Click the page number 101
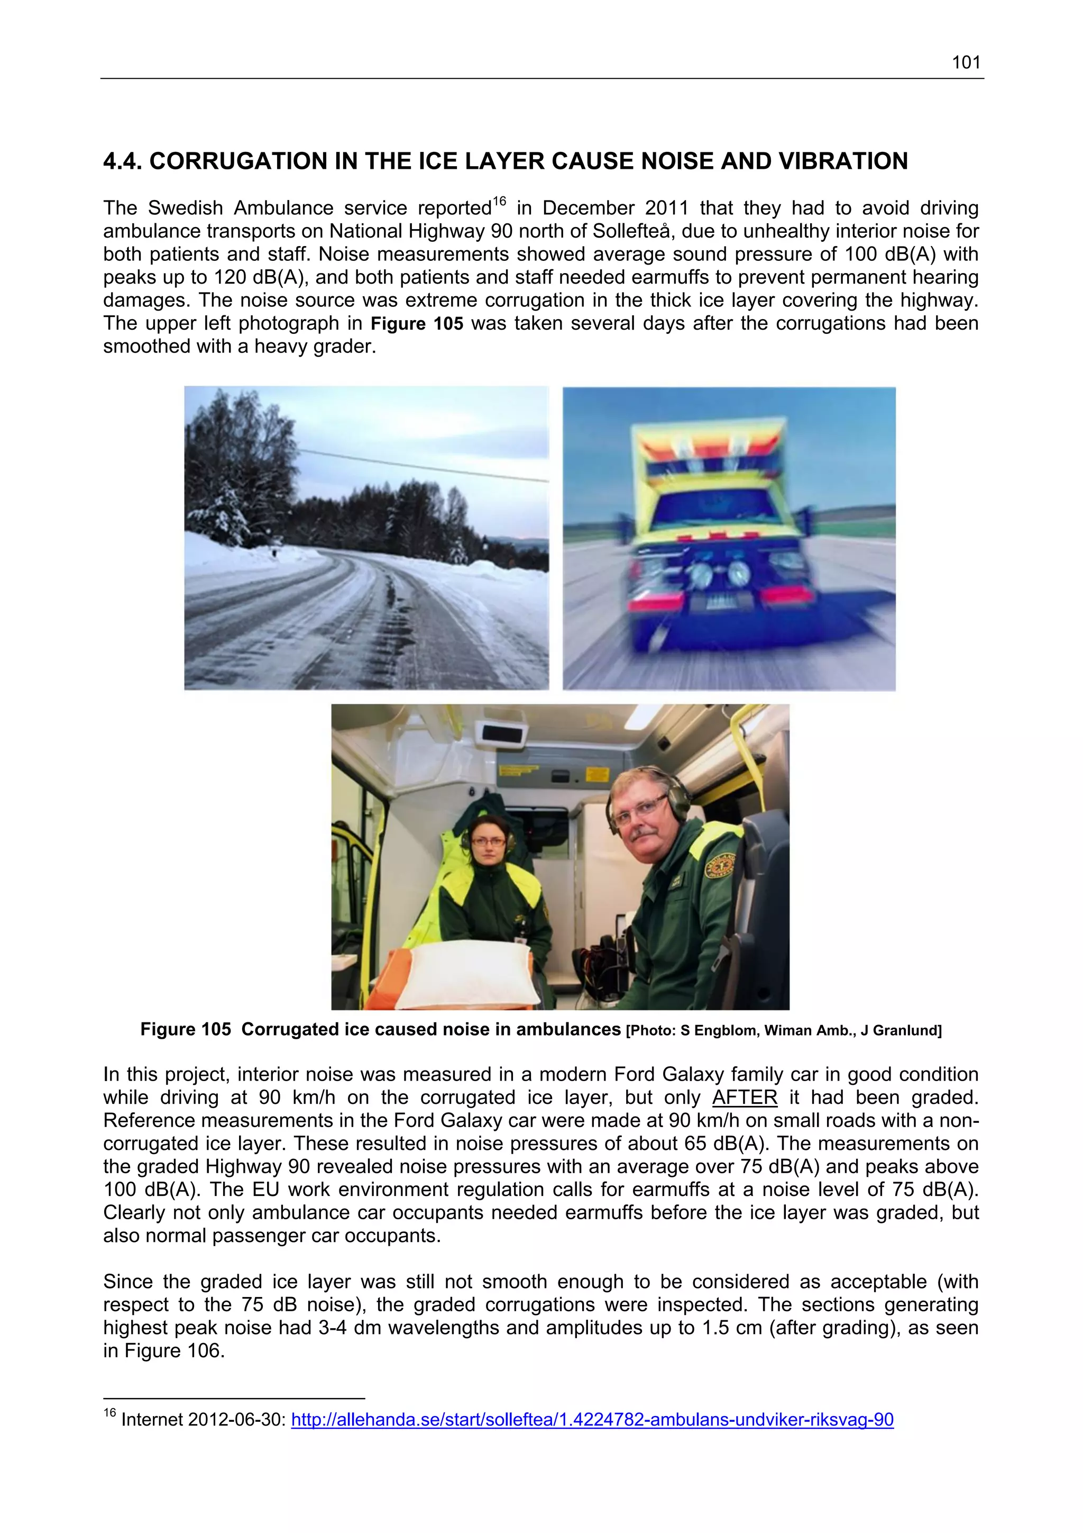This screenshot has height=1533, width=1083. [x=965, y=63]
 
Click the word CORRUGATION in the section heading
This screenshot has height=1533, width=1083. [x=241, y=161]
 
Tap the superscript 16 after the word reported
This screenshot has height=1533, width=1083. [x=499, y=201]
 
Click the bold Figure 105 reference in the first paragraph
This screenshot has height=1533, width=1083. [x=416, y=324]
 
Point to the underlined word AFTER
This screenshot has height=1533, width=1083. [x=745, y=1097]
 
